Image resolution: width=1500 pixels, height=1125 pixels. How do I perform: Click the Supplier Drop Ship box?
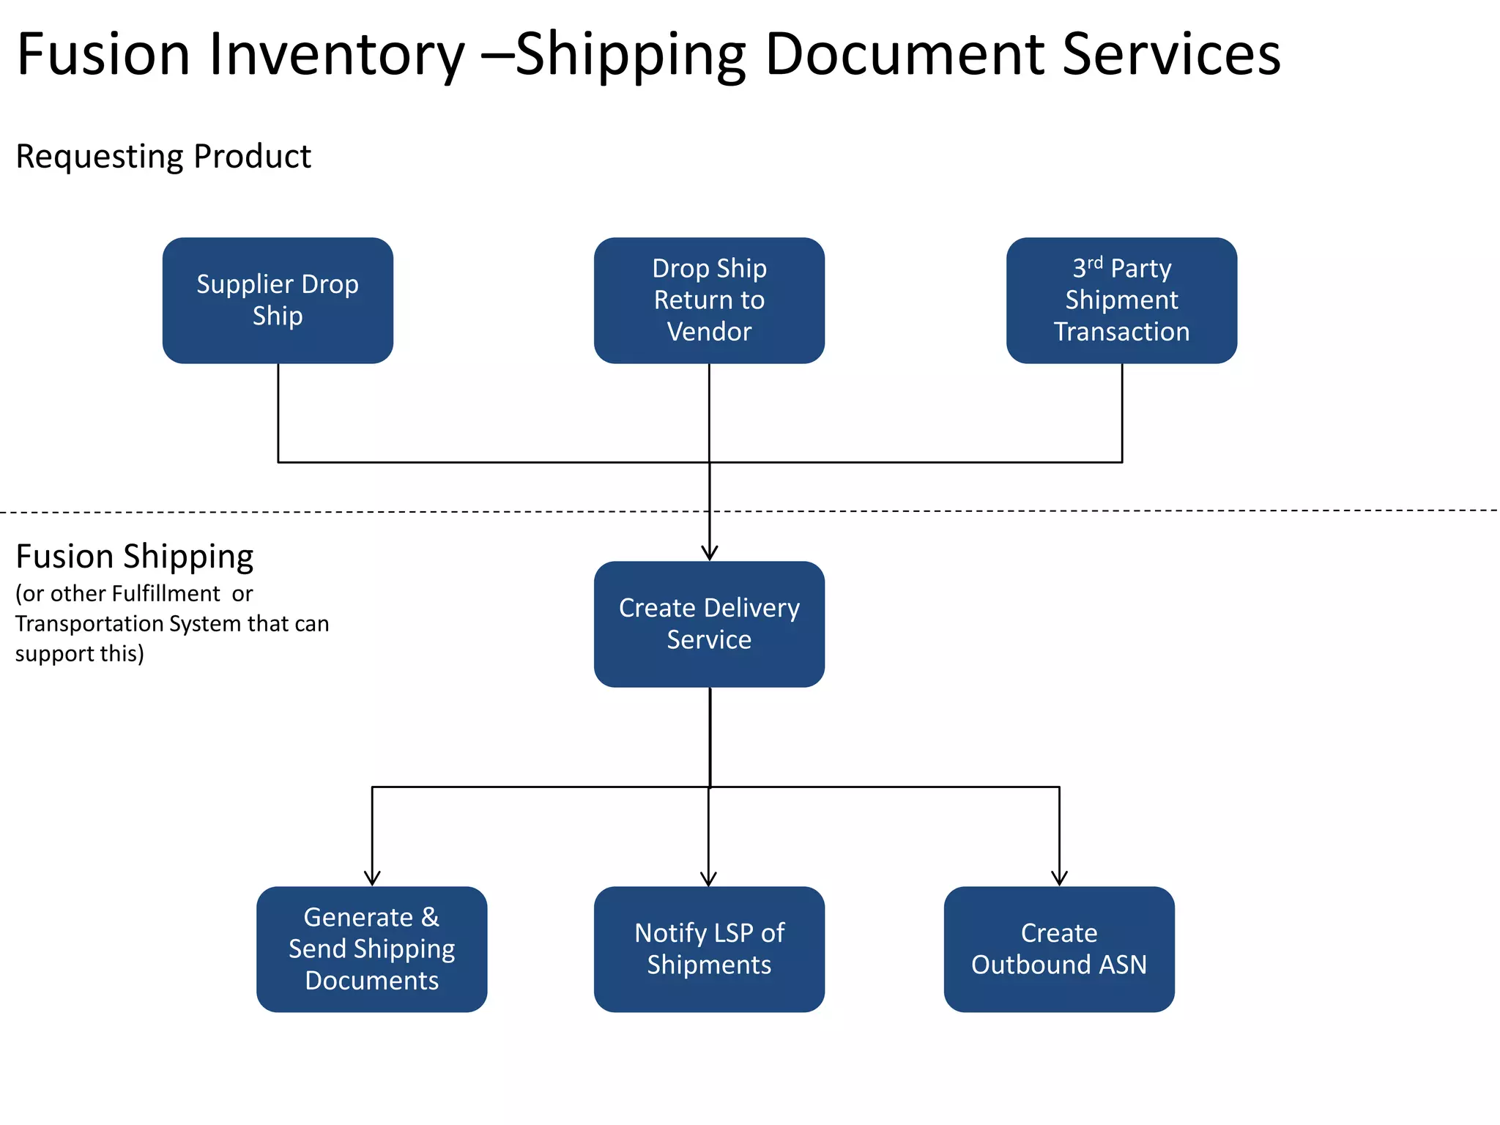coord(278,300)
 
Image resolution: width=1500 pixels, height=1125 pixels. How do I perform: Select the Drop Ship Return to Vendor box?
coord(709,300)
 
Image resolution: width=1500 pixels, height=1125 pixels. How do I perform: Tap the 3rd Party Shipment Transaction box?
coord(1121,300)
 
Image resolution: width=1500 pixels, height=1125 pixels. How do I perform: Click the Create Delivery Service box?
coord(709,624)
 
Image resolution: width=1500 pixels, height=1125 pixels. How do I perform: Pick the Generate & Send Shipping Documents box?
coord(371,949)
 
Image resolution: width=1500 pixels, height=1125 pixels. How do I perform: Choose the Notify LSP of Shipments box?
coord(709,949)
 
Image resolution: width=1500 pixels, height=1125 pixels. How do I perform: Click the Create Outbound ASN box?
coord(1059,949)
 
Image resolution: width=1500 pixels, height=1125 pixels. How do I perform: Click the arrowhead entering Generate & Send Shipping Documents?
coord(372,879)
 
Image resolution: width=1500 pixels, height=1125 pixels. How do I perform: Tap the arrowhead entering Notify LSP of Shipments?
coord(708,879)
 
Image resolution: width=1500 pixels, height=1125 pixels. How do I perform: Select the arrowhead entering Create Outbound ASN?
coord(1059,879)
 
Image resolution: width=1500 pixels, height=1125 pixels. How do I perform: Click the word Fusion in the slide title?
coord(103,55)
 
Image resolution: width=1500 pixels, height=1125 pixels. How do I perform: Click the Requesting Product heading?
coord(163,157)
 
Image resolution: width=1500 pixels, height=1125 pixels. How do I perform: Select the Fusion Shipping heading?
coord(135,557)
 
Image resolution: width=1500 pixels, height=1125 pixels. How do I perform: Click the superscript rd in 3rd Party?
coord(1094,262)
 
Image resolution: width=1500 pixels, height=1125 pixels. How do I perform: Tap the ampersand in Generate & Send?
coord(430,917)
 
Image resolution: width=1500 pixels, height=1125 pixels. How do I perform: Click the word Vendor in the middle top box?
coord(709,332)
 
